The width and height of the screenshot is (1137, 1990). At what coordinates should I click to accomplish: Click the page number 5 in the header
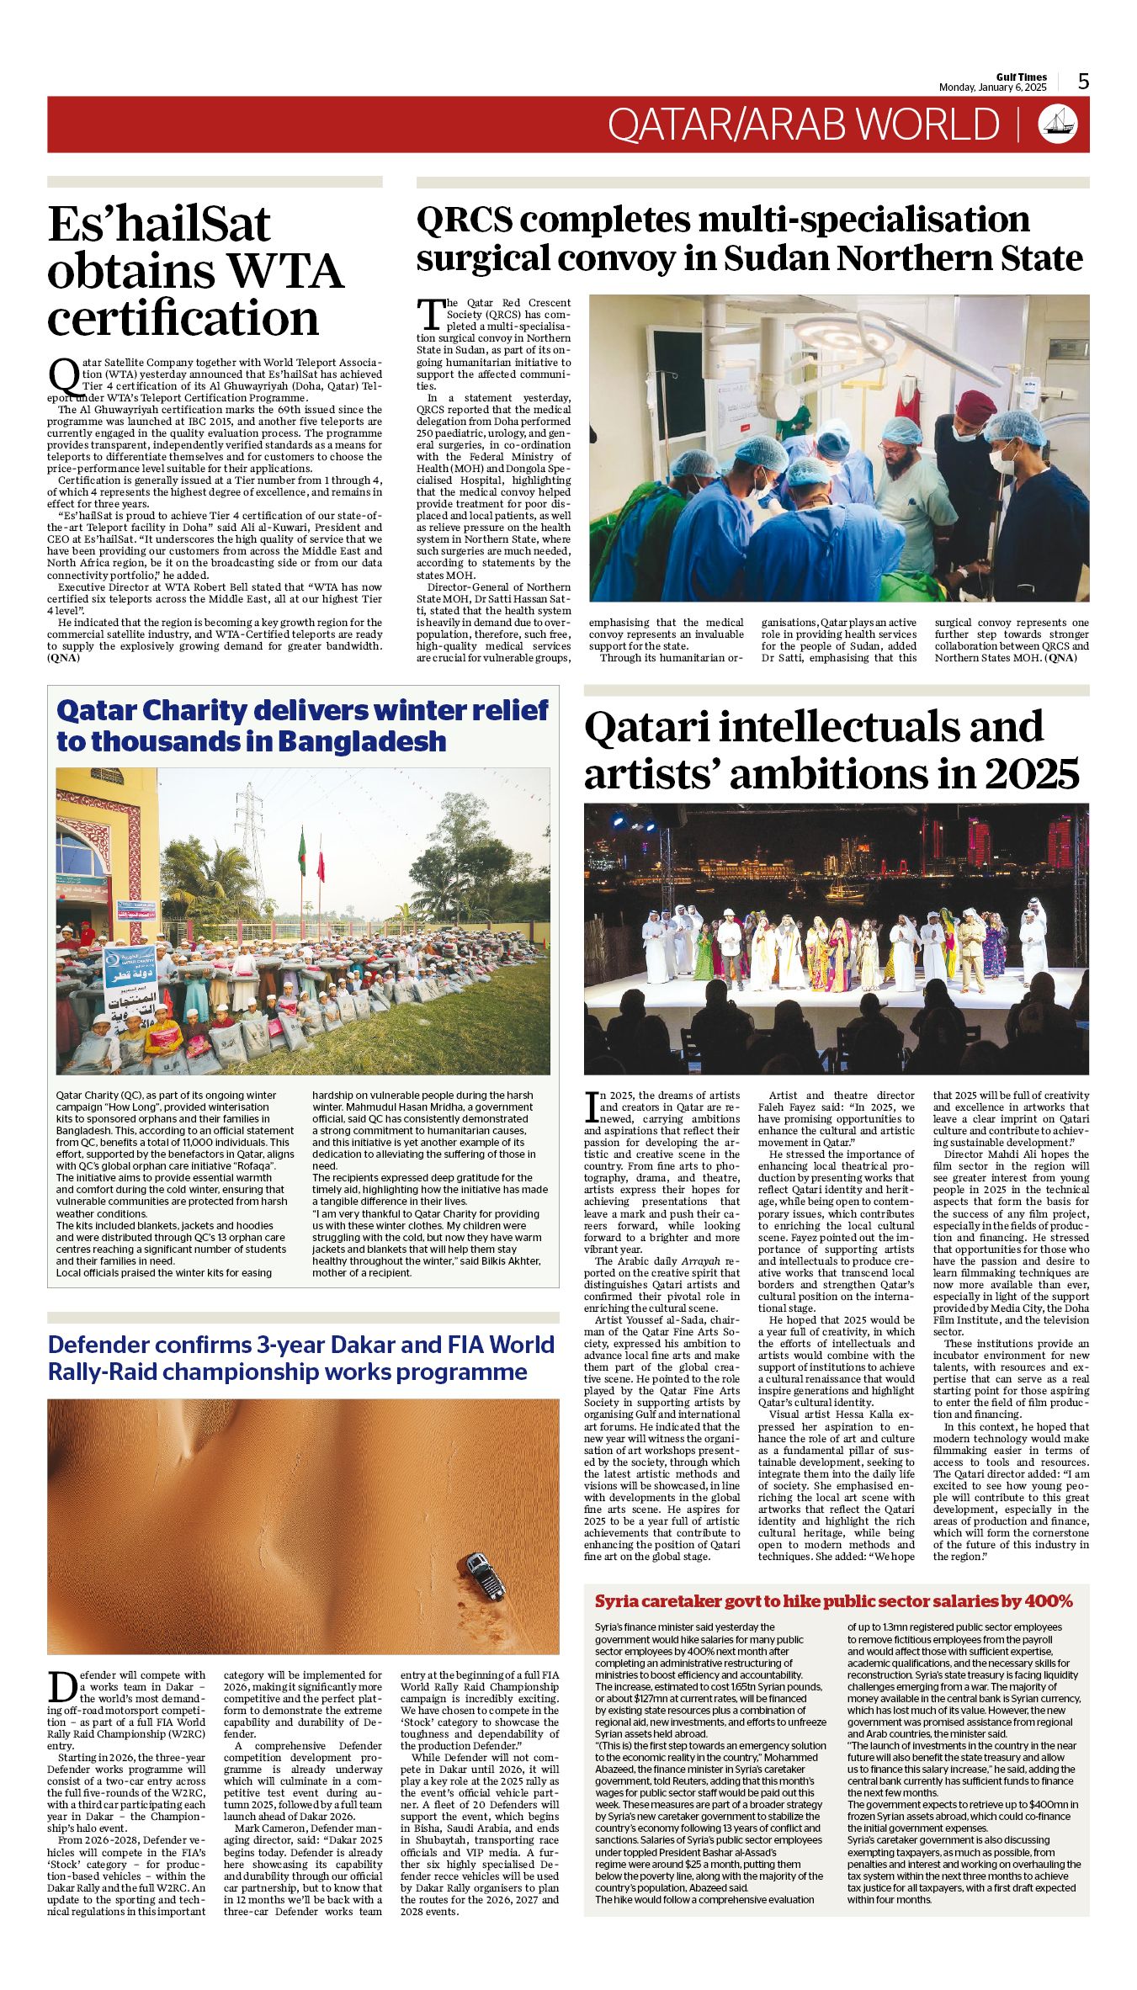click(x=1083, y=82)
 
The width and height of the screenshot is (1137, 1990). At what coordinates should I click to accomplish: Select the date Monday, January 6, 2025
click(x=992, y=88)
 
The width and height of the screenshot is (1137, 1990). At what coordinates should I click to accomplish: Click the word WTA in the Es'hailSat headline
click(x=287, y=272)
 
